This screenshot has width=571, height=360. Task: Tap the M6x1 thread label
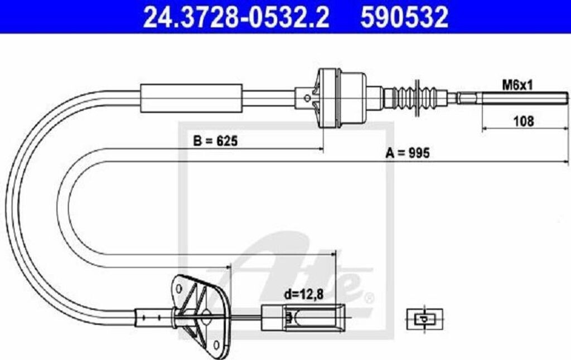518,85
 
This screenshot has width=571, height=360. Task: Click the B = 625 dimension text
215,142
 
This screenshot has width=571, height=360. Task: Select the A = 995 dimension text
407,153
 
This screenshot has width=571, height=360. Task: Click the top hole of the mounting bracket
178,288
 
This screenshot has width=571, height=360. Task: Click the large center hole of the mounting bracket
206,315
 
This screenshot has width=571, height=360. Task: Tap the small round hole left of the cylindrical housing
306,98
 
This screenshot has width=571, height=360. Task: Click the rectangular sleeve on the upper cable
191,98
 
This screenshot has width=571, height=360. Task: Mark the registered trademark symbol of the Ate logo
367,295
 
